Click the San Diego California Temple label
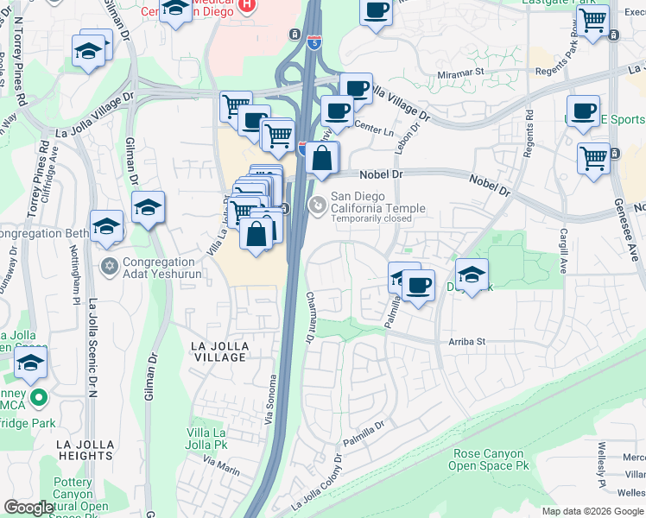[x=377, y=202]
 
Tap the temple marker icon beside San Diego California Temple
[x=317, y=205]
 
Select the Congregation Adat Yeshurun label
[x=170, y=268]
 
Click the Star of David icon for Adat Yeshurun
[x=109, y=264]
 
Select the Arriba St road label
[x=467, y=342]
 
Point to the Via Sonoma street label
[x=274, y=394]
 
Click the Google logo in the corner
[x=28, y=508]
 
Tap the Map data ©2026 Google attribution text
[x=592, y=511]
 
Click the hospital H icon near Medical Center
[x=247, y=5]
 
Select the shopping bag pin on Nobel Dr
[x=321, y=159]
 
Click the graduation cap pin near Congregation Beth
[x=106, y=226]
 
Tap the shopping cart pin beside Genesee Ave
[x=593, y=159]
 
